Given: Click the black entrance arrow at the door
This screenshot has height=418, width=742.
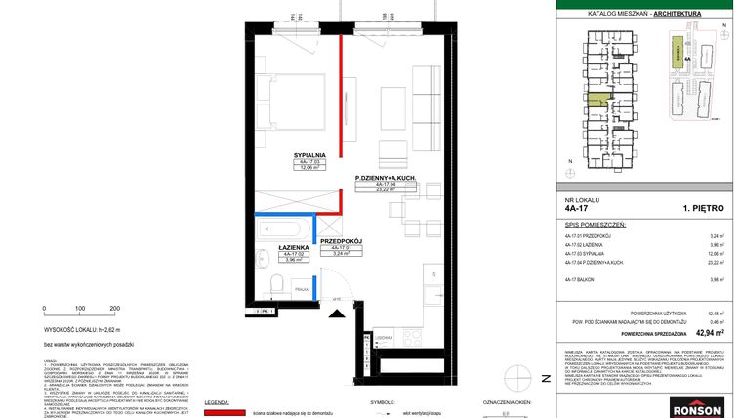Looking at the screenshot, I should click(339, 312).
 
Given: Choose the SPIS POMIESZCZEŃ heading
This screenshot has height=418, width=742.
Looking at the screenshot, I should click(596, 224).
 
